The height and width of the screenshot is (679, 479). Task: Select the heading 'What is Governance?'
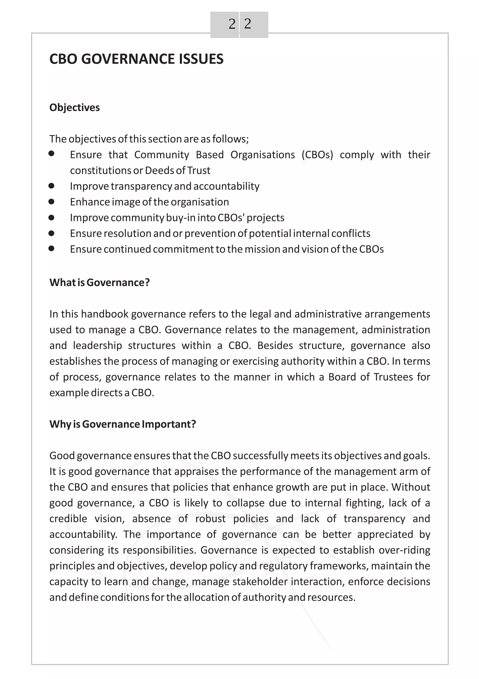(x=99, y=282)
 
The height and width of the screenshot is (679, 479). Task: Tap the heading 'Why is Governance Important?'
(x=123, y=424)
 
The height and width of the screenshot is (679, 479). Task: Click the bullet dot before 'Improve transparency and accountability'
(x=51, y=186)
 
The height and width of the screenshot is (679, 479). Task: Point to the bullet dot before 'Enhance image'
(x=51, y=202)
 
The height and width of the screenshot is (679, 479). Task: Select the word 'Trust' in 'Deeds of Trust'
(x=199, y=171)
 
